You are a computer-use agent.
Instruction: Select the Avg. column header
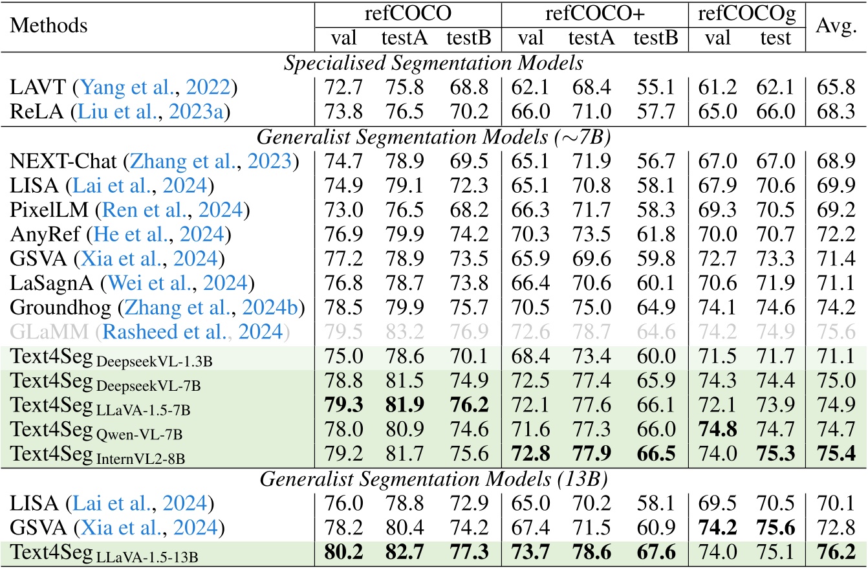coord(837,27)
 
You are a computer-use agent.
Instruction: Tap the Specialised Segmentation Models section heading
coord(433,64)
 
